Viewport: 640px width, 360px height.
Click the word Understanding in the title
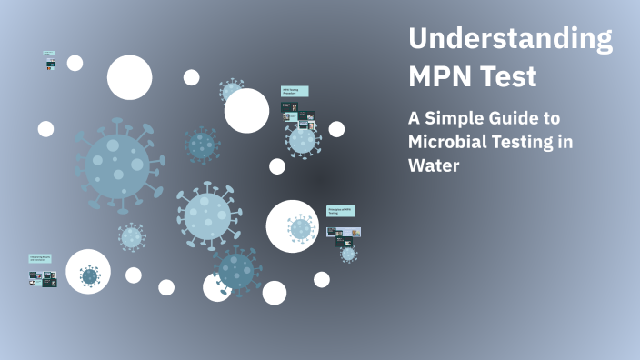[x=510, y=41]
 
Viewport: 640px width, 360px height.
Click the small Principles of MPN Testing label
[x=340, y=212]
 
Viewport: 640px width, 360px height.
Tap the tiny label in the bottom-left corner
[x=40, y=259]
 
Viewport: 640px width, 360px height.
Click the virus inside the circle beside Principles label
[x=300, y=228]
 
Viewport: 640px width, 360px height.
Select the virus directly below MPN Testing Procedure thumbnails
[x=303, y=140]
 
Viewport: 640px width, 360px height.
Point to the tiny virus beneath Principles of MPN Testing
[x=348, y=254]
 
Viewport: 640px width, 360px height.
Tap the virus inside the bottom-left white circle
[x=89, y=275]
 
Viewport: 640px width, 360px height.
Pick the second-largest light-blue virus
[x=208, y=215]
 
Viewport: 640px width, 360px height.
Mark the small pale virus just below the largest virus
[x=132, y=237]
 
